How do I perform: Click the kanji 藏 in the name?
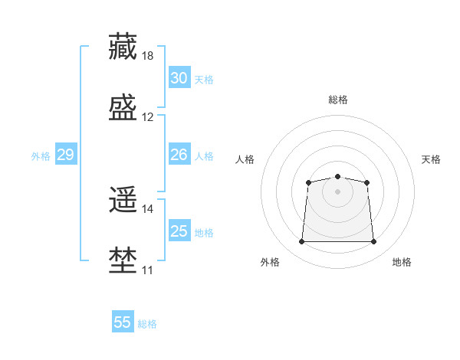(123, 46)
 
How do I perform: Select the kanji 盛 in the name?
(123, 107)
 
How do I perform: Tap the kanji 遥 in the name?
(123, 199)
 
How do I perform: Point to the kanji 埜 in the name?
(123, 260)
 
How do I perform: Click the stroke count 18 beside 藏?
(147, 56)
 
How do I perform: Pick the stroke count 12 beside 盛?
(147, 117)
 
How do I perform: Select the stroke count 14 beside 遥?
(147, 209)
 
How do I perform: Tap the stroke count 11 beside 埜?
(147, 270)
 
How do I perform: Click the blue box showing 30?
(179, 77)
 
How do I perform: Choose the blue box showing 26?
(179, 154)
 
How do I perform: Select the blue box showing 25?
(179, 230)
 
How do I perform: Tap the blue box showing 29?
(66, 154)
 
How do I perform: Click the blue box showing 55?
(123, 321)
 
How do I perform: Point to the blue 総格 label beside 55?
(147, 324)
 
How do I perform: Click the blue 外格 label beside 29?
(41, 156)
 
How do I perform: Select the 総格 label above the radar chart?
(338, 100)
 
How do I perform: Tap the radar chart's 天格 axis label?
(431, 159)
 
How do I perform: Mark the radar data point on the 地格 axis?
(373, 241)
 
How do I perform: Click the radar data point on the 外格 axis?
(301, 241)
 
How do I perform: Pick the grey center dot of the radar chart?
(337, 191)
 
